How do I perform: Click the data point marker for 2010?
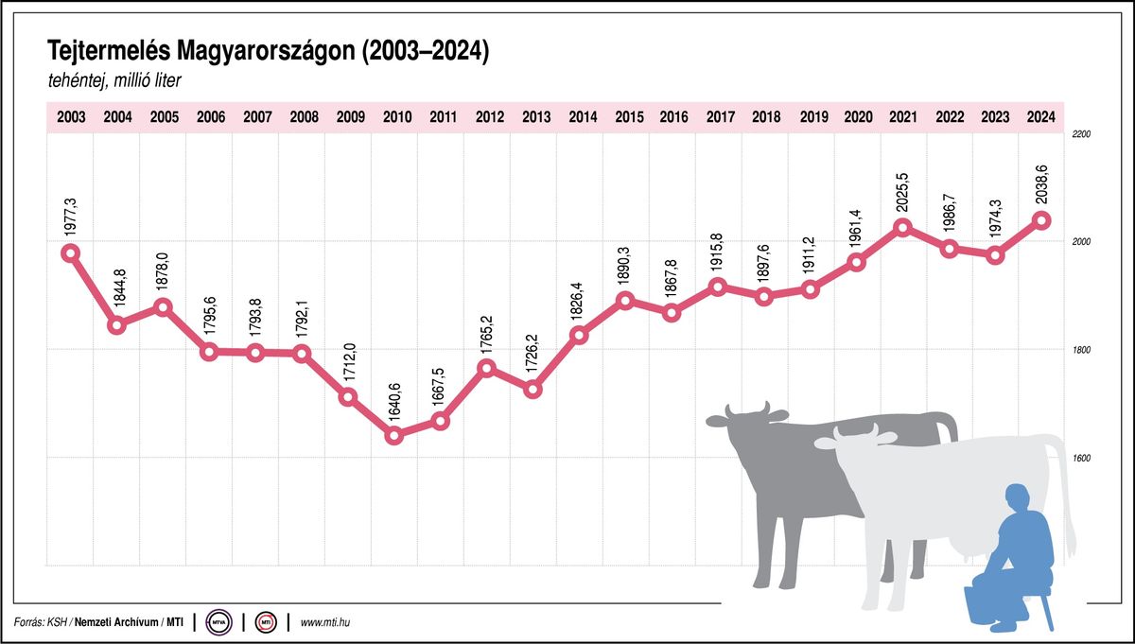395,436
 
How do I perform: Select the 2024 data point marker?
1041,220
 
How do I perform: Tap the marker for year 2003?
70,252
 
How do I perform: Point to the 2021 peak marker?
902,227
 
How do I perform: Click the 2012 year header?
488,117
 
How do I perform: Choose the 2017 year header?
720,117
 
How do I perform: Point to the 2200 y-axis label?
1081,135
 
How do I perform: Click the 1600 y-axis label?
1081,459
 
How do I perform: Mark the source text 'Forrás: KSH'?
43,622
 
